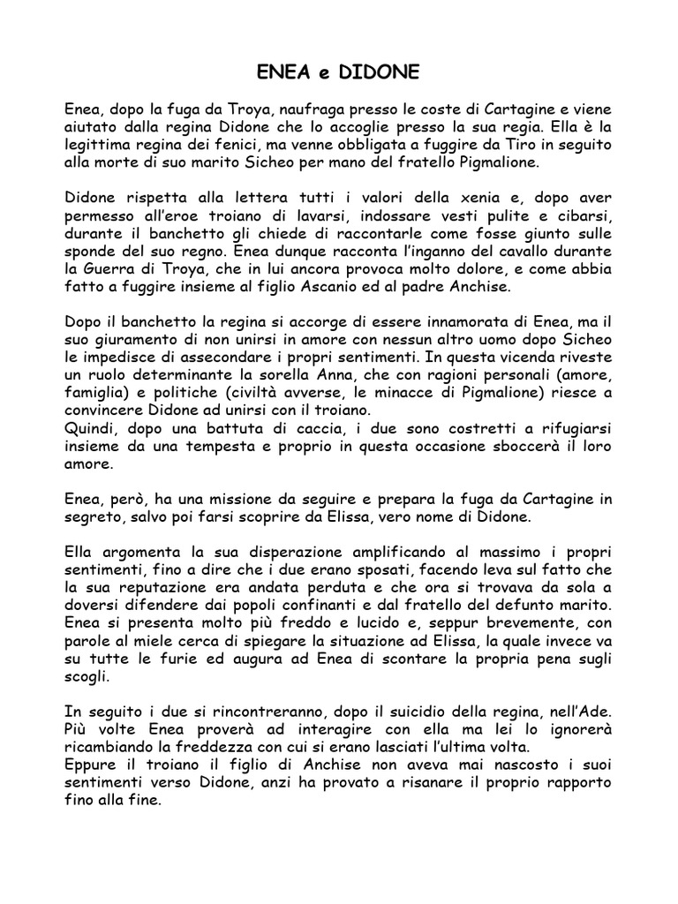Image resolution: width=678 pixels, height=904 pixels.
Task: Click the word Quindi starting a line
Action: [92, 428]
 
